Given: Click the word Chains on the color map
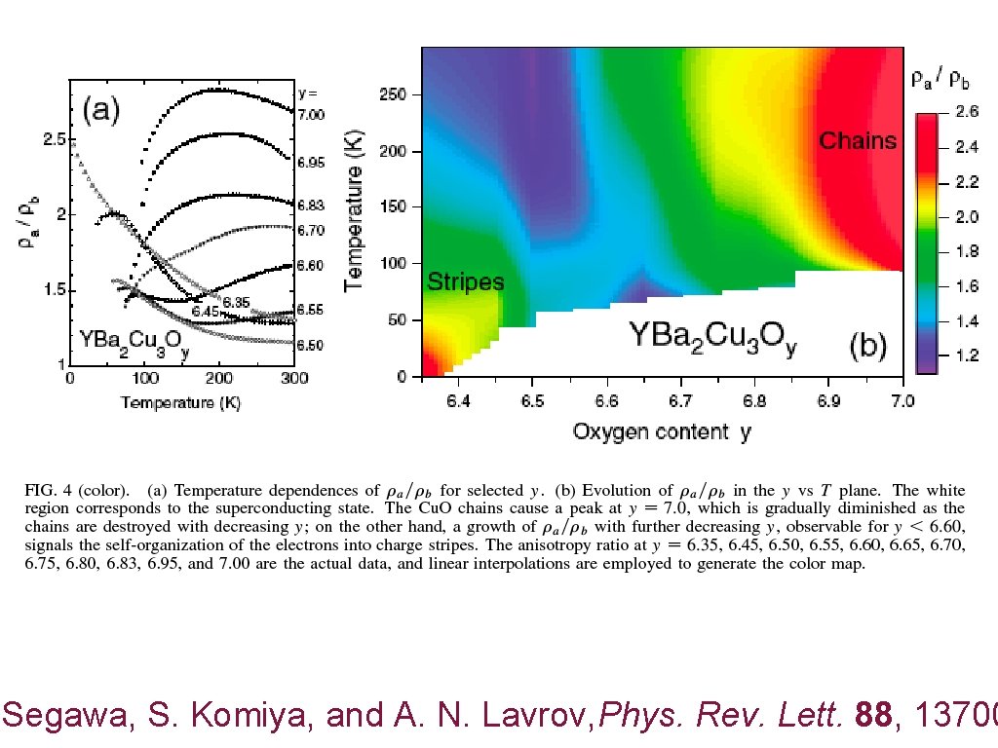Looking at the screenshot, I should tap(858, 141).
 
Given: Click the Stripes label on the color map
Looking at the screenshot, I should tap(466, 282).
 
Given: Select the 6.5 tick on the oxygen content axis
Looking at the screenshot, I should tap(532, 400).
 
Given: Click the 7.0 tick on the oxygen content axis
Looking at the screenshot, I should tap(902, 400).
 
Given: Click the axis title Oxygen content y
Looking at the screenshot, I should tap(662, 431).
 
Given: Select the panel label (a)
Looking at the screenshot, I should tap(100, 109).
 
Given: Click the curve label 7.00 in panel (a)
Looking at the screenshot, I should tap(311, 115).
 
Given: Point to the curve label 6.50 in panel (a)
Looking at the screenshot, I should tap(311, 345).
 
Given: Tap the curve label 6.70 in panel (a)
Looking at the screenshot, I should tap(311, 231).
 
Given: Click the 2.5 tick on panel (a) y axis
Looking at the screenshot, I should tap(54, 139).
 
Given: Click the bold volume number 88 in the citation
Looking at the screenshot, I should tap(870, 717).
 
